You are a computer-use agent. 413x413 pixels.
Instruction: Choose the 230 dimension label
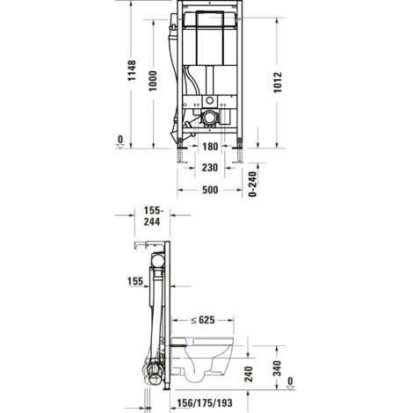coord(207,168)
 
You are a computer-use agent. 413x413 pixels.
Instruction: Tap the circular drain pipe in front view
coord(210,116)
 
